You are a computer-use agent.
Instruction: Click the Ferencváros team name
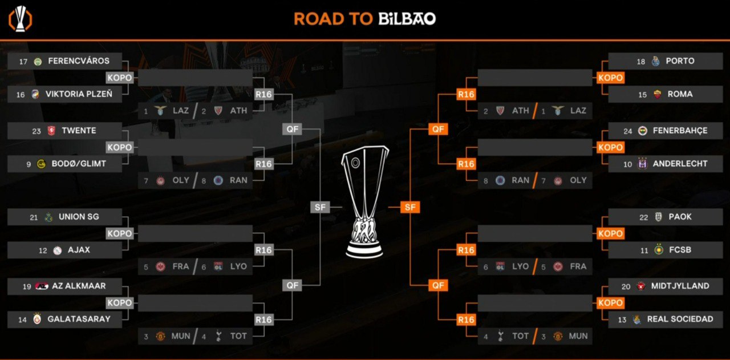[x=79, y=61]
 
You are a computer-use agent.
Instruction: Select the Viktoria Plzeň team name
[x=79, y=94]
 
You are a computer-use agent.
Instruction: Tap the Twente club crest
[x=51, y=131]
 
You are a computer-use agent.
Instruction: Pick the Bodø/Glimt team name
[x=79, y=164]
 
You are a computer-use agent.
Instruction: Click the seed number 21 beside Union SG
[x=34, y=217]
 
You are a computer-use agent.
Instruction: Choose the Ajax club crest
[x=58, y=250]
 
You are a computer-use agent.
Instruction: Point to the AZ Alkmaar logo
[x=42, y=286]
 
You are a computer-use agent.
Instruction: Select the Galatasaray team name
[x=79, y=319]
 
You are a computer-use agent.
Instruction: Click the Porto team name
[x=680, y=61]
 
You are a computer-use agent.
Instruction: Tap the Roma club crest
[x=658, y=94]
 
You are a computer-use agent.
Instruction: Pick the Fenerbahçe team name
[x=680, y=131]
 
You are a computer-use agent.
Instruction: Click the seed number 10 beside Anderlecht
[x=628, y=164]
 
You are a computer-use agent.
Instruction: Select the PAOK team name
[x=680, y=217]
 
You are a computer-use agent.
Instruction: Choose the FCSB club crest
[x=659, y=250]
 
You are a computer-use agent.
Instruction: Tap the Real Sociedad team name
[x=680, y=319]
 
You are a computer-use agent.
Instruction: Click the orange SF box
[x=410, y=207]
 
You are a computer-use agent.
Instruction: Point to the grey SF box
[x=320, y=207]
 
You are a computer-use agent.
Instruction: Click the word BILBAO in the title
[x=407, y=19]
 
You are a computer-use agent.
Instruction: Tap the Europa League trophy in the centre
[x=364, y=202]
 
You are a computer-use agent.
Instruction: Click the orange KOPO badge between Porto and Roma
[x=610, y=78]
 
